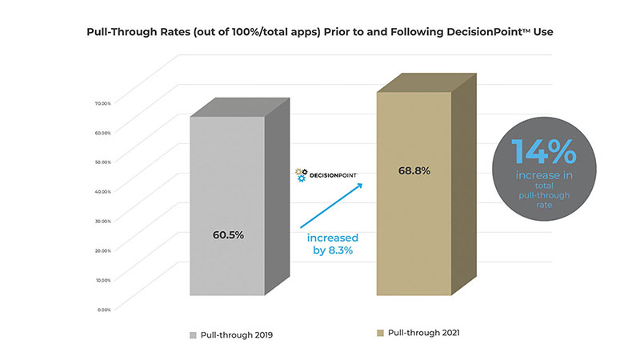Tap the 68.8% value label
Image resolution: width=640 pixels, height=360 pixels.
point(415,171)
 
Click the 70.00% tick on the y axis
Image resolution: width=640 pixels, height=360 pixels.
point(102,103)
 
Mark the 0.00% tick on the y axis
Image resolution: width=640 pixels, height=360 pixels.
point(103,309)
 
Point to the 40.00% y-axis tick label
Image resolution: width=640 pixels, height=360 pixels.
point(102,191)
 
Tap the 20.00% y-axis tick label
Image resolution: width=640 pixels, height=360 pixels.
point(102,250)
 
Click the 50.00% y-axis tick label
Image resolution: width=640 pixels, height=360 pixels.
point(102,162)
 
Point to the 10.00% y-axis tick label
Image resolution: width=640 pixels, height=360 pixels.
point(102,280)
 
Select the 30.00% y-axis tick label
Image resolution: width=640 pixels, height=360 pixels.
point(102,221)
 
